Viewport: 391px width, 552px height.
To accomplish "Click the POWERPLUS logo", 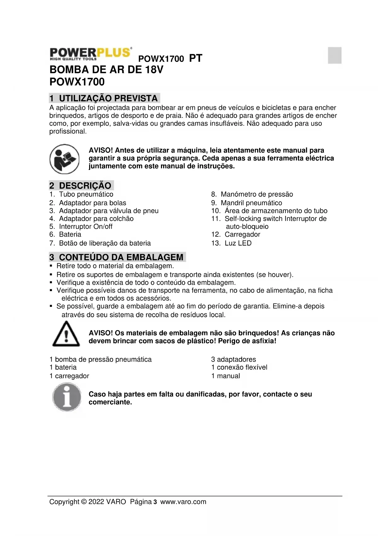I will (x=90, y=54).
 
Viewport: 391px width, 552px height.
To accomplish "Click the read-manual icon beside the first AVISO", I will (x=64, y=159).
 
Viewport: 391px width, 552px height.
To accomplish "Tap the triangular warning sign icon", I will (x=66, y=334).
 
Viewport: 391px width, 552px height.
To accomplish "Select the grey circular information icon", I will (x=67, y=397).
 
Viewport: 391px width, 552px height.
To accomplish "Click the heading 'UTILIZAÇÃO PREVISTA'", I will (x=108, y=98).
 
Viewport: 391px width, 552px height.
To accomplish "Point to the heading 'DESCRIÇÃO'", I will (x=85, y=185).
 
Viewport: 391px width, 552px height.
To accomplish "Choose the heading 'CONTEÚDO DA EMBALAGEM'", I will (x=121, y=257).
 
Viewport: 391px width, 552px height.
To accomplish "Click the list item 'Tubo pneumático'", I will (x=86, y=194).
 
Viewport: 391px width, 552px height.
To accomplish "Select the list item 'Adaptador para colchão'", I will (x=96, y=219).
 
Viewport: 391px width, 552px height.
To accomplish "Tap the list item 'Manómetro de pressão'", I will (x=257, y=194).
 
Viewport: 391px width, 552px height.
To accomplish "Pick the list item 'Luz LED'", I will (x=238, y=243).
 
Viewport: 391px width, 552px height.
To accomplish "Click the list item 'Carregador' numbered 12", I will (x=242, y=234).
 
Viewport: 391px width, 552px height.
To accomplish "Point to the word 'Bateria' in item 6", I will (x=70, y=234).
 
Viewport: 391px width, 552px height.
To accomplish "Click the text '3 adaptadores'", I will (x=233, y=359).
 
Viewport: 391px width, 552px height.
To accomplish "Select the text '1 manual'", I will (x=226, y=376).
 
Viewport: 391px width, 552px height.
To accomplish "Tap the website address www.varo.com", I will (x=183, y=502).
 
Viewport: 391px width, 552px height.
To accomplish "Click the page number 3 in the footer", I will (x=155, y=502).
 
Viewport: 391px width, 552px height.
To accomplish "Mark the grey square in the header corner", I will (x=335, y=55).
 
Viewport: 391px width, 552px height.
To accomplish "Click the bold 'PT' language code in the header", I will (x=196, y=58).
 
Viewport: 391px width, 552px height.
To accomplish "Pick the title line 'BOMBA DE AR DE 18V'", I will (x=106, y=70).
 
